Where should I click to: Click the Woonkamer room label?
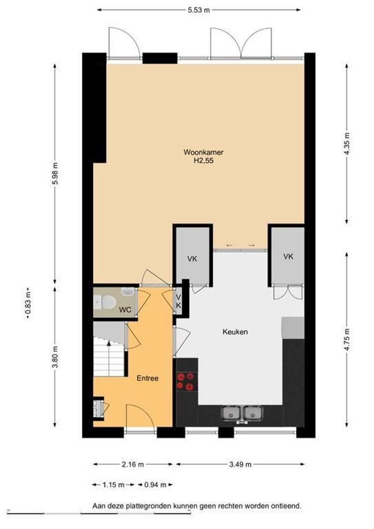203,152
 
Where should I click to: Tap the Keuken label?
235,332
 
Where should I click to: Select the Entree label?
147,378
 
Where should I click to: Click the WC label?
125,310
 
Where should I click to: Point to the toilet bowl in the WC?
106,302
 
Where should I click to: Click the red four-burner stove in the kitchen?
186,381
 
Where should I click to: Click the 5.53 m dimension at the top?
199,10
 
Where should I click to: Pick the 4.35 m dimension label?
348,142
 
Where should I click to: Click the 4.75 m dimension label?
348,339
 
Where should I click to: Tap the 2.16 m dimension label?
133,464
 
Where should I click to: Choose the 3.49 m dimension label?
240,464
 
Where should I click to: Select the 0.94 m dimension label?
156,485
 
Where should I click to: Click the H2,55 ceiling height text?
203,161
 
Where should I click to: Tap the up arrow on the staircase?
109,343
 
